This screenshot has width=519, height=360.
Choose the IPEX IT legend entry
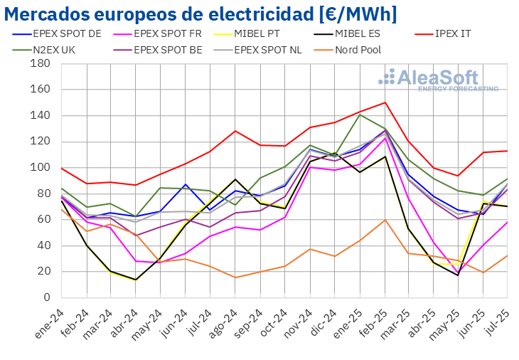click(461, 34)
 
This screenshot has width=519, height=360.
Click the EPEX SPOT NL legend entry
click(270, 50)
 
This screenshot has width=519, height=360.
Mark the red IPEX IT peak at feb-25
click(385, 102)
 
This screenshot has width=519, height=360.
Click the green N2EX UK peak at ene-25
click(360, 115)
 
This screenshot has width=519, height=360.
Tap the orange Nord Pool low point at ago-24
click(235, 277)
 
